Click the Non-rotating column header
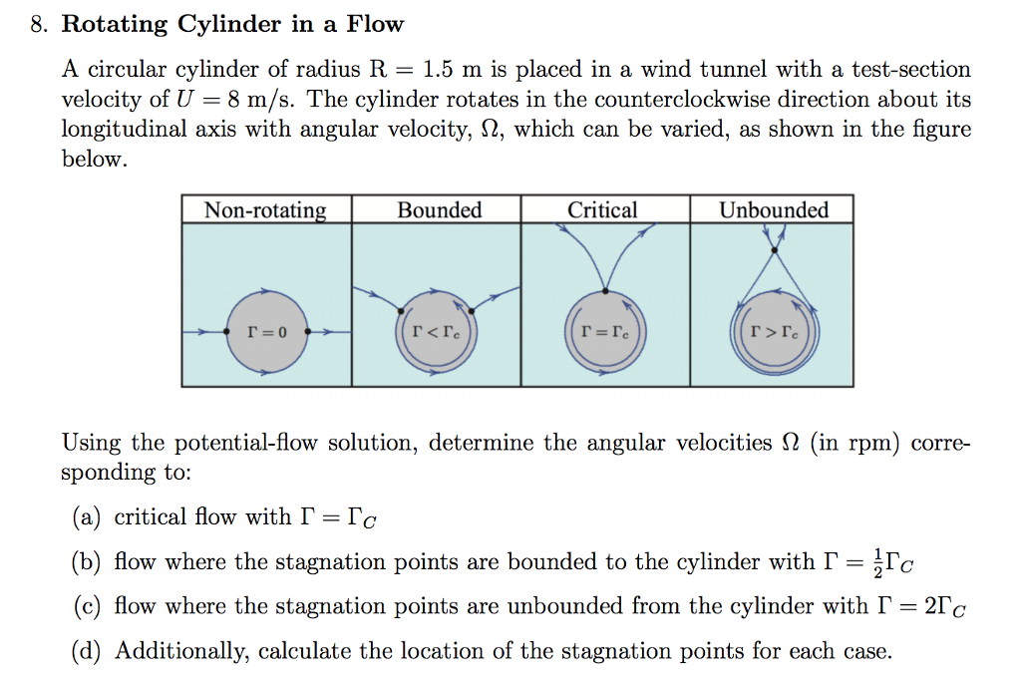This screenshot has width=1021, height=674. click(265, 210)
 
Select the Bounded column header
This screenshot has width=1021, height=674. click(439, 210)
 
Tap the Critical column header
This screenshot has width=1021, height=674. click(602, 210)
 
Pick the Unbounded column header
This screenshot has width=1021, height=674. click(774, 210)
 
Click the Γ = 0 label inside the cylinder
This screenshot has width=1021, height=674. click(266, 332)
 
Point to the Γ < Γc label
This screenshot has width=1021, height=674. click(436, 331)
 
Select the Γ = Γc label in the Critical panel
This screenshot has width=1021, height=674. click(606, 331)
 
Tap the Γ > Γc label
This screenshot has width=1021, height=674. click(776, 331)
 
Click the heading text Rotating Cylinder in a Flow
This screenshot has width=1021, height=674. click(232, 24)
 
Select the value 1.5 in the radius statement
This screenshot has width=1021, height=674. click(440, 70)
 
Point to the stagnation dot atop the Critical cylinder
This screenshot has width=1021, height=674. click(605, 291)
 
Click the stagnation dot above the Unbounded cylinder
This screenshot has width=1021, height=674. click(772, 249)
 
